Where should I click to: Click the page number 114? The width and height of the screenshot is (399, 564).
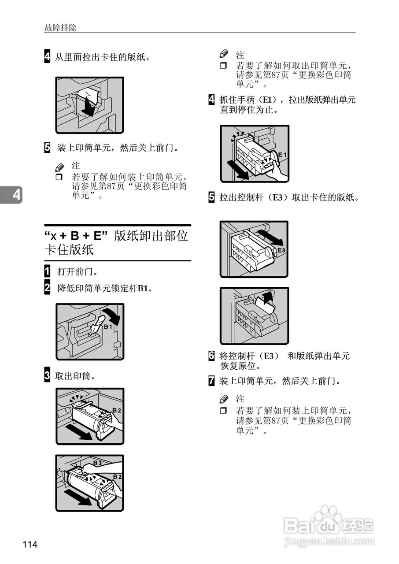[x=30, y=545]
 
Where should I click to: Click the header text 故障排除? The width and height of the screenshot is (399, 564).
[x=60, y=28]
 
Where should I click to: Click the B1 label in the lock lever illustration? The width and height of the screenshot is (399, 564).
[x=108, y=327]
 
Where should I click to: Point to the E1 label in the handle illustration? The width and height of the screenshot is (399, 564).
[x=282, y=155]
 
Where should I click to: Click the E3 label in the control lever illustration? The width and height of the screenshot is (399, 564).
[x=281, y=250]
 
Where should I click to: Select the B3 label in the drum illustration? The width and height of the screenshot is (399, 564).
[x=97, y=463]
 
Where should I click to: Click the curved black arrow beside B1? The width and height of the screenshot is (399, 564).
[x=114, y=317]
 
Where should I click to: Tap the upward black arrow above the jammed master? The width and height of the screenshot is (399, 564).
[x=266, y=298]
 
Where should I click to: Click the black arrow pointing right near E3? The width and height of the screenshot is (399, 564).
[x=270, y=237]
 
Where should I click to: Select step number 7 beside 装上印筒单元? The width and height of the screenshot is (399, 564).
[x=212, y=381]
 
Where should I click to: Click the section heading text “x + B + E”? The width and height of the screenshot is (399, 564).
[x=76, y=236]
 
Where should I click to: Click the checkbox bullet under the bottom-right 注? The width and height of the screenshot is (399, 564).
[x=223, y=411]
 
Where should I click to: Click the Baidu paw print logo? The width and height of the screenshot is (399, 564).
[x=327, y=516]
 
